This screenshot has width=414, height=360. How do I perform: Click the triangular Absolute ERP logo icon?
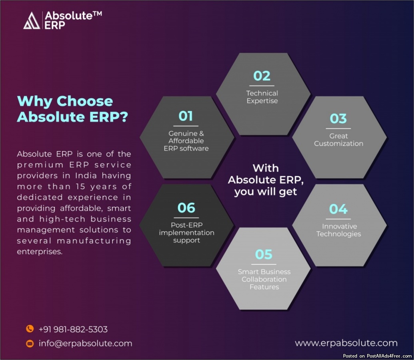click(32, 20)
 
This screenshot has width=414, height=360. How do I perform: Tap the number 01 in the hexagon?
click(186, 116)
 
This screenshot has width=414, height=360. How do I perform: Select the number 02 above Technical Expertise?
click(262, 76)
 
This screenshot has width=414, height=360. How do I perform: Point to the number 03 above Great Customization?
click(338, 118)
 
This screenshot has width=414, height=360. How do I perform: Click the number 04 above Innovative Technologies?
click(338, 209)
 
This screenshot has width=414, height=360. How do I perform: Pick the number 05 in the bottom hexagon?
click(264, 254)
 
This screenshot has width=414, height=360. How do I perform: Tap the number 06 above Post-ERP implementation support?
click(186, 208)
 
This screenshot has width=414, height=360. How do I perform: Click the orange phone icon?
click(30, 329)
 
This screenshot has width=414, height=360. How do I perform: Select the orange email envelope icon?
click(30, 343)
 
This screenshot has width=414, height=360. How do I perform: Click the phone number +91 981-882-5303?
click(73, 329)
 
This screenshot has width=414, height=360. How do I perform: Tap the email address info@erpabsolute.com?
click(85, 343)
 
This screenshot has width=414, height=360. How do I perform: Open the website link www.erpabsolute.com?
click(346, 343)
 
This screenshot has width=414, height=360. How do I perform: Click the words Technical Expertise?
click(262, 97)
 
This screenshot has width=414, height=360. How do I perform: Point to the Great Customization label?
click(338, 140)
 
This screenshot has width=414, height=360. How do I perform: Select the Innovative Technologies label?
click(339, 230)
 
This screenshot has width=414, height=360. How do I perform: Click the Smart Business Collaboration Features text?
click(264, 279)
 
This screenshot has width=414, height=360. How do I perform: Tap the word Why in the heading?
click(34, 102)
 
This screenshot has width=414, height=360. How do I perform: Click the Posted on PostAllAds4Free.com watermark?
click(377, 356)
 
